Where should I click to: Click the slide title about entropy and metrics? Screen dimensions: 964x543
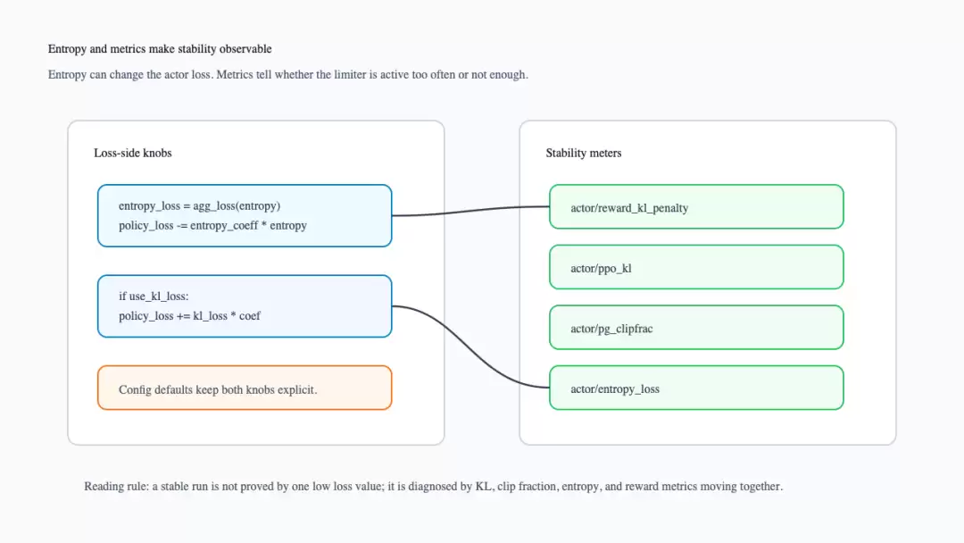click(160, 49)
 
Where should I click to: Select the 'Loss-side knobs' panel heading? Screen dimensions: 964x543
click(133, 153)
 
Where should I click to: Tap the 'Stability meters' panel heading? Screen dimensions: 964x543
click(584, 153)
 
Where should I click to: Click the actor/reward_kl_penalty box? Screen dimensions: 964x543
click(696, 206)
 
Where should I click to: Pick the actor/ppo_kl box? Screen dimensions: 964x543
click(696, 267)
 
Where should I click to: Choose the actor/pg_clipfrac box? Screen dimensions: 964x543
click(696, 327)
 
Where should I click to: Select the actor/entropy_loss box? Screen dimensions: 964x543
click(696, 388)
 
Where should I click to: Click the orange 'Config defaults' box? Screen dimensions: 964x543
click(245, 388)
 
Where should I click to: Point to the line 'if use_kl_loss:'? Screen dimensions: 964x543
click(154, 297)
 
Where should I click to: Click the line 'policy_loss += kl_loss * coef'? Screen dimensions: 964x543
click(189, 316)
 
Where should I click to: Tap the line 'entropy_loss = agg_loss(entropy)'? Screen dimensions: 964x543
click(199, 206)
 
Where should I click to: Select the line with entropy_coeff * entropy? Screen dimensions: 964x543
click(212, 226)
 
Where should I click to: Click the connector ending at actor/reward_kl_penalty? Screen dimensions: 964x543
click(470, 211)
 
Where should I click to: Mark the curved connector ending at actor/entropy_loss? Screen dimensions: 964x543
click(470, 347)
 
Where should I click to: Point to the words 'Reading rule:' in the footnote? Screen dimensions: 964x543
click(116, 487)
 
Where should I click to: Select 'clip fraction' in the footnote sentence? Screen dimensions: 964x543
click(527, 487)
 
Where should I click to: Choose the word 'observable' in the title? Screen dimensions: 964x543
click(245, 49)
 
